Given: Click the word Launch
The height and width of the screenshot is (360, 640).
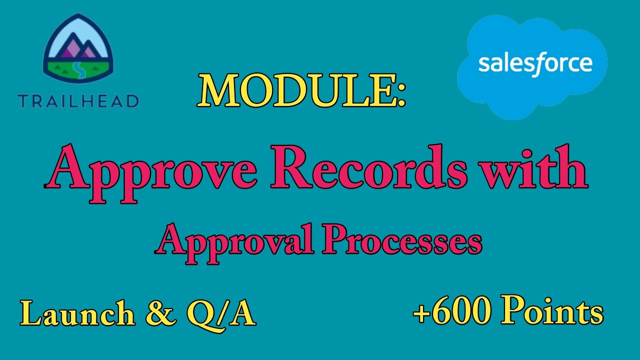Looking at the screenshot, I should (x=77, y=314).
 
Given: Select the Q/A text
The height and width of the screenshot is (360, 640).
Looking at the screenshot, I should (x=220, y=314).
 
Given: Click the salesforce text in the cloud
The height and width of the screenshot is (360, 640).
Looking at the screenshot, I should (x=535, y=64).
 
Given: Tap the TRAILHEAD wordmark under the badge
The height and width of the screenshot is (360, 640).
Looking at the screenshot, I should (x=78, y=101).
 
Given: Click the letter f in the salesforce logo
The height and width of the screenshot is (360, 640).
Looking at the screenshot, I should (x=538, y=64).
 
